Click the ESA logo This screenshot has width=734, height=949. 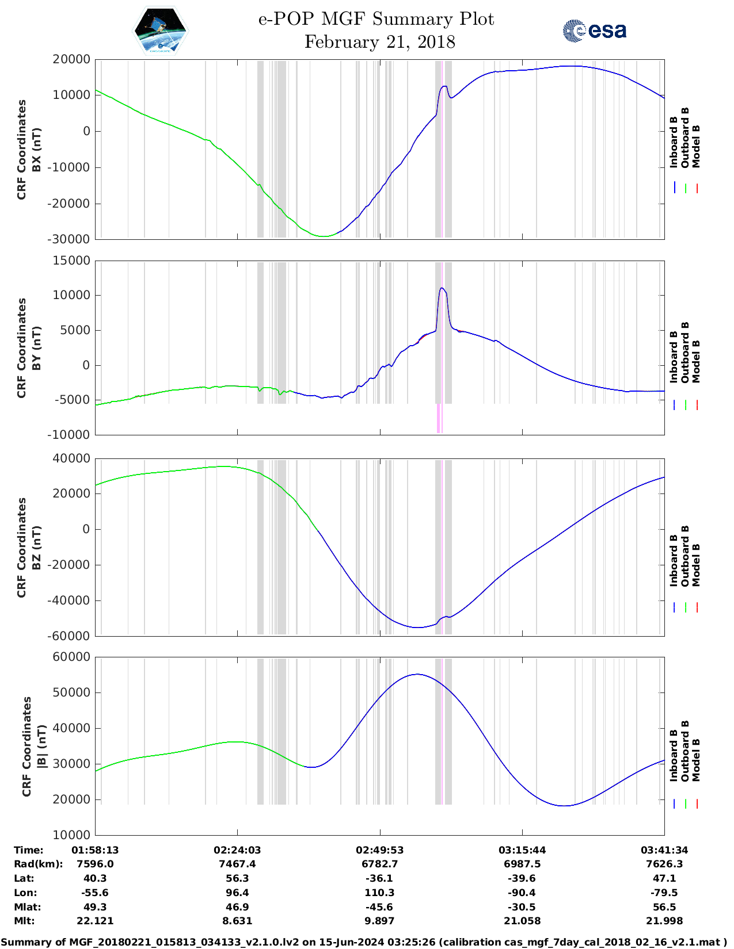click(594, 30)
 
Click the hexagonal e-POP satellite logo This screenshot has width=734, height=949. click(160, 30)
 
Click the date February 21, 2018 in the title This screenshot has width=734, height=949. click(379, 42)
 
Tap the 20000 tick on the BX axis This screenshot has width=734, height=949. click(71, 59)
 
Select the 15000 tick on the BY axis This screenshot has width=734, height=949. click(71, 261)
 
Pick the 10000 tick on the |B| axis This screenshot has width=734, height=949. click(71, 835)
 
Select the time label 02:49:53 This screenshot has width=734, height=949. click(379, 850)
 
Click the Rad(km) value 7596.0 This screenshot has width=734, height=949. click(95, 864)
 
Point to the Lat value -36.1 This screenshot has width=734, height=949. click(379, 878)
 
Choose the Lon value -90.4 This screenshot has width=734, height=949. click(522, 893)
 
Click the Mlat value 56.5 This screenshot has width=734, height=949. click(664, 907)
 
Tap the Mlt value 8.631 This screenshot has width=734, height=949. click(237, 921)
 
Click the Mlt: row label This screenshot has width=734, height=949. click(24, 921)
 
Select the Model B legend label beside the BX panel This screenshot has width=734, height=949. click(696, 146)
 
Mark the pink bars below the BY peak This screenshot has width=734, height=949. click(439, 418)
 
